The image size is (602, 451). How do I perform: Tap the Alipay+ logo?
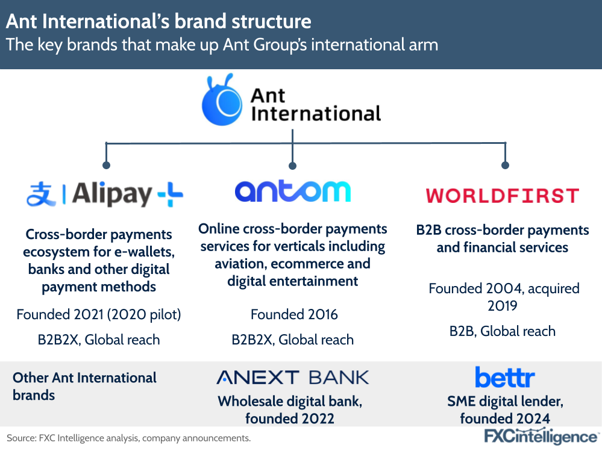pyautogui.click(x=105, y=194)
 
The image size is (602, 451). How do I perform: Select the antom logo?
pyautogui.click(x=292, y=191)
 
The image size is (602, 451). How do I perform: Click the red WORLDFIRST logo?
pyautogui.click(x=502, y=195)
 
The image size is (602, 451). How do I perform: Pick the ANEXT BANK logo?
pyautogui.click(x=292, y=378)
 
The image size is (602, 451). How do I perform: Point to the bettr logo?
pyautogui.click(x=504, y=377)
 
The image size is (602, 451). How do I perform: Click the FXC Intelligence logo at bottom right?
pyautogui.click(x=541, y=437)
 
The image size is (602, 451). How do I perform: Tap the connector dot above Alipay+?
pyautogui.click(x=107, y=164)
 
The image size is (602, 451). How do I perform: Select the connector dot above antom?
pyautogui.click(x=292, y=165)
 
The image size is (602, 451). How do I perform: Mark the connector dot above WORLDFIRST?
pyautogui.click(x=505, y=165)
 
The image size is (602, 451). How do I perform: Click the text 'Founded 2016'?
pyautogui.click(x=294, y=314)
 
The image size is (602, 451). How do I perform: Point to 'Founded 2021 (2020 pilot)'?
pyautogui.click(x=99, y=314)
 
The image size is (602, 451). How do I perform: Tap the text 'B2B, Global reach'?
pyautogui.click(x=502, y=331)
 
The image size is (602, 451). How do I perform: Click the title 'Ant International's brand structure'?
pyautogui.click(x=159, y=22)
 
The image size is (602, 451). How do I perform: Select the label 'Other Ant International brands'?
pyautogui.click(x=84, y=386)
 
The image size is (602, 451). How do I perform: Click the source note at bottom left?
pyautogui.click(x=128, y=438)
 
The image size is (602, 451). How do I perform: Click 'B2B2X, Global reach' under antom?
pyautogui.click(x=292, y=340)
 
